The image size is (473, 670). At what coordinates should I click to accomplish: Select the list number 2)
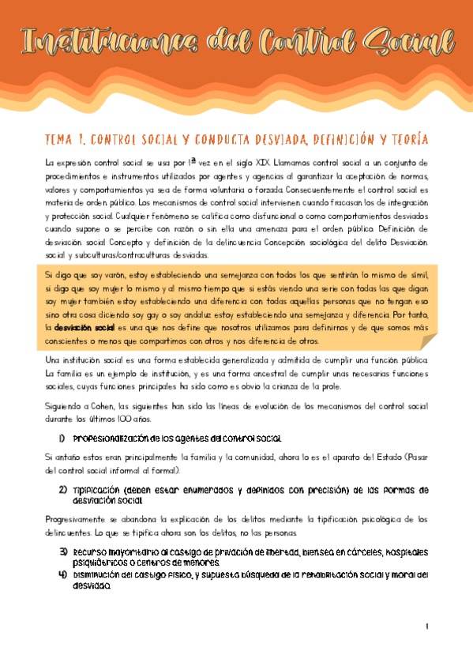(x=62, y=489)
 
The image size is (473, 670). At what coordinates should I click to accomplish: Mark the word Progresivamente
(x=79, y=519)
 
